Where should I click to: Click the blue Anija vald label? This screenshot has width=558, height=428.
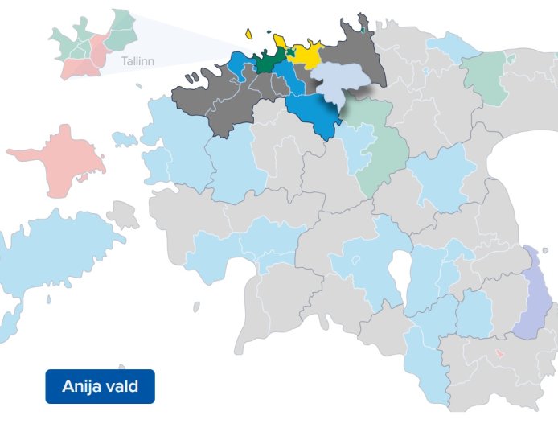point(100,386)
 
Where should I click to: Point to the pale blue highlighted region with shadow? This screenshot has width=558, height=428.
point(338,81)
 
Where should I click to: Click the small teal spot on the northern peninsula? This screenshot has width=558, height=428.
point(363,31)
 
